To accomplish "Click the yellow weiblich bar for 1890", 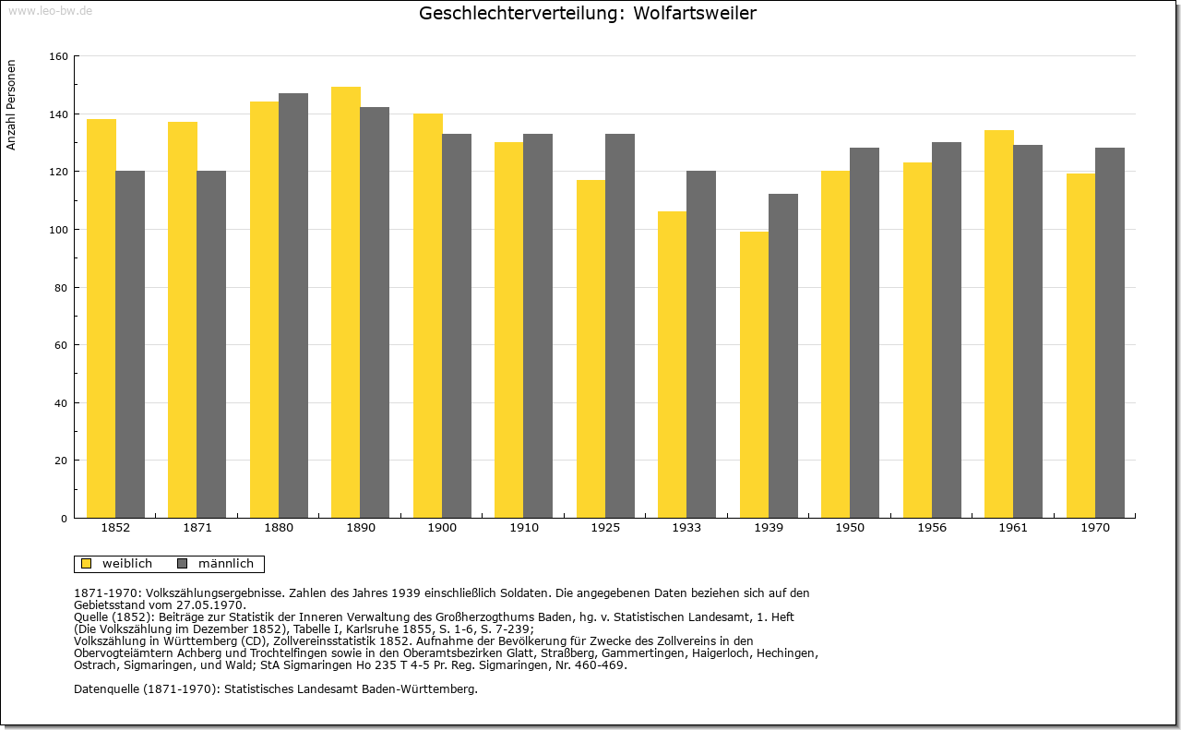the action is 346,302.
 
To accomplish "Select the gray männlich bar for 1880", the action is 293,305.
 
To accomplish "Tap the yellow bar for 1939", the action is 754,375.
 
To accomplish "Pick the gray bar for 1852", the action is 130,344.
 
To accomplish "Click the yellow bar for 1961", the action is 999,324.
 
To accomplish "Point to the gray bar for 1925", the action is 620,326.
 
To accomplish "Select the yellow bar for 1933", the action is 673,365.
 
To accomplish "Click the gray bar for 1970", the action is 1110,333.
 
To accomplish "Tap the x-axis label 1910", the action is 524,528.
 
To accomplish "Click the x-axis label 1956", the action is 932,528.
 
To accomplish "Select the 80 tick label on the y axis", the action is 61,288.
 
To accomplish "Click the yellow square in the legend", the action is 87,564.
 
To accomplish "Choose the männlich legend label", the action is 226,564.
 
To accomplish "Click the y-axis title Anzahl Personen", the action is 11,105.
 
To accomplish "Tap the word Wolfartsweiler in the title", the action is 695,13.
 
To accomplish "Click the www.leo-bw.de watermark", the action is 51,11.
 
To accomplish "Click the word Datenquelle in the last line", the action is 106,689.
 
